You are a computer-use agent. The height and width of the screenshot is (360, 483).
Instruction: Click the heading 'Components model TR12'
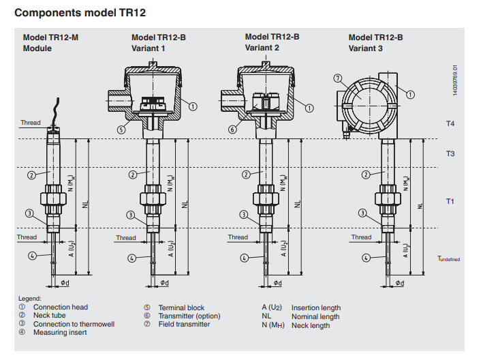80,12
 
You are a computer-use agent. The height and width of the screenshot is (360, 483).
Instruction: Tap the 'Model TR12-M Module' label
50,43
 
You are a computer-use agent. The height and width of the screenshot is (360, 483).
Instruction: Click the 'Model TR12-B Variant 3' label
375,43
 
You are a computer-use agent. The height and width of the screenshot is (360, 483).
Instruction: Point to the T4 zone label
450,123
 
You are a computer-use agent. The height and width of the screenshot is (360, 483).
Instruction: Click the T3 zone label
450,154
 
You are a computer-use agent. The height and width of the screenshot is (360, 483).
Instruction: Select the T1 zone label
450,201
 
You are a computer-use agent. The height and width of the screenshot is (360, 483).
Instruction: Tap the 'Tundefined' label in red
449,259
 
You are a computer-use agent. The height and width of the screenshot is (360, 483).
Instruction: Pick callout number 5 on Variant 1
121,129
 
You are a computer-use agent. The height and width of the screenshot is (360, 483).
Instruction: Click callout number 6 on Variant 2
233,129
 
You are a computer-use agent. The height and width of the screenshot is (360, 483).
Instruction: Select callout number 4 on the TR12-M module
31,256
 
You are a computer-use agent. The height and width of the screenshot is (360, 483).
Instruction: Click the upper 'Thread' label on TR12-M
30,123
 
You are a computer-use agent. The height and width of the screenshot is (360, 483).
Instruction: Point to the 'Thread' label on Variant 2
238,237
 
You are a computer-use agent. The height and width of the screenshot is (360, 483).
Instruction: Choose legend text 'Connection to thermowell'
74,325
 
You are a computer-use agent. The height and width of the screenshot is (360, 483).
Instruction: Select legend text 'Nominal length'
315,316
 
